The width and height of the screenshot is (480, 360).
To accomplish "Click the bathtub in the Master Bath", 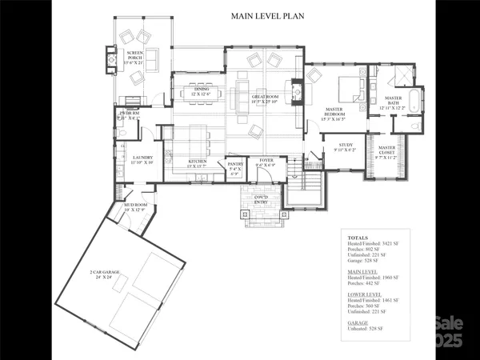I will (x=414, y=99).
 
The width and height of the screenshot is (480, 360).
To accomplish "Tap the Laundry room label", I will (x=142, y=159).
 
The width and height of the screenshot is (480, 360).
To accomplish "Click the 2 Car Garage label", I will (x=104, y=274).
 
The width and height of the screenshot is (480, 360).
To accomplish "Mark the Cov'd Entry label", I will (x=261, y=198).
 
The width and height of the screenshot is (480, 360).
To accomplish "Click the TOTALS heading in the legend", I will (x=358, y=238).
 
